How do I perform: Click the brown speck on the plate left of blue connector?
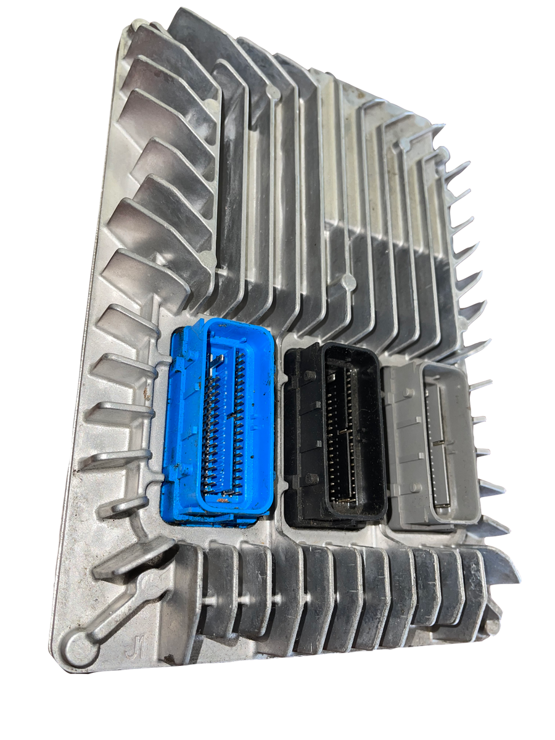[x=147, y=395]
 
